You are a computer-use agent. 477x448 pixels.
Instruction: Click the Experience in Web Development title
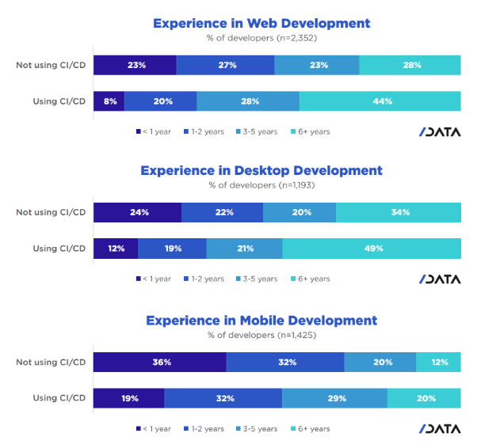point(261,23)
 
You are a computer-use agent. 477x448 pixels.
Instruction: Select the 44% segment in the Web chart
point(380,101)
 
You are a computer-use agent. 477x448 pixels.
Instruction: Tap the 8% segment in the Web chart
point(109,101)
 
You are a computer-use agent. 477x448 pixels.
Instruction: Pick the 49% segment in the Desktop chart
point(372,249)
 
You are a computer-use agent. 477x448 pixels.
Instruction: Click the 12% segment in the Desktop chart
point(116,249)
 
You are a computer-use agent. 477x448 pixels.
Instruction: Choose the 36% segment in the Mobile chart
point(159,363)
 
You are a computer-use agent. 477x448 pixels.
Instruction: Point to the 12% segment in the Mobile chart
point(438,363)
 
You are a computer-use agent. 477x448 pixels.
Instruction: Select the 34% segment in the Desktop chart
point(398,212)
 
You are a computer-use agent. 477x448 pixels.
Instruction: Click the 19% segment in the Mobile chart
point(128,398)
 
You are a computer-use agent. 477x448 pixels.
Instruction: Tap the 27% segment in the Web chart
point(225,65)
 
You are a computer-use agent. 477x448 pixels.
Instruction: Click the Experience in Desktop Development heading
point(261,170)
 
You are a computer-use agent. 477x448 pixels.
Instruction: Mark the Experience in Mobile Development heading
point(261,321)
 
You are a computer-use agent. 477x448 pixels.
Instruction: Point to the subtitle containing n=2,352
point(261,37)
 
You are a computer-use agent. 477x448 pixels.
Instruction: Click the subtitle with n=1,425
point(261,335)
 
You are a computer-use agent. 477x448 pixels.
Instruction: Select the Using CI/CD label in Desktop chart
point(59,249)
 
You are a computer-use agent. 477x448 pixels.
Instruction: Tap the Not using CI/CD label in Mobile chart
point(51,363)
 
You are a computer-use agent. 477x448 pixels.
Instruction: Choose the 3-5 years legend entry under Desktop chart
point(256,279)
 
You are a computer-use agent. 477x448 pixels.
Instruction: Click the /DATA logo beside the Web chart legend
point(440,131)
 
